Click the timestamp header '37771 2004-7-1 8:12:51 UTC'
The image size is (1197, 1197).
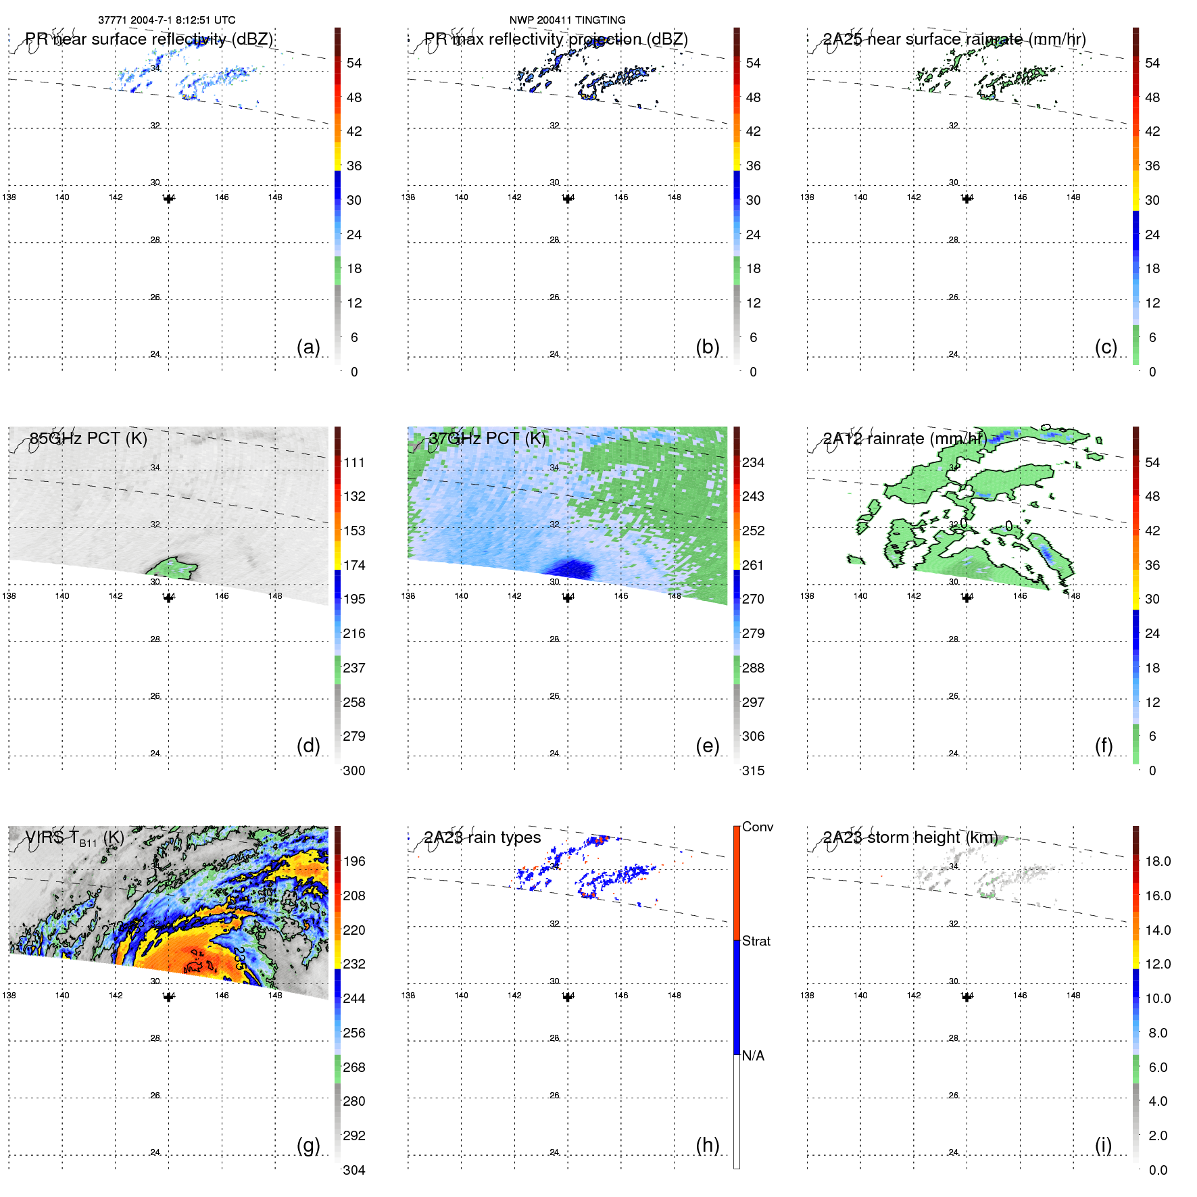166,20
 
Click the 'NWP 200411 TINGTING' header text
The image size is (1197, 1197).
567,20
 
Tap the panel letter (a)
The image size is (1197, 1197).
308,347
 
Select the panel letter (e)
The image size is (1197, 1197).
707,746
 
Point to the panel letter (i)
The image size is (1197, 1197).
1103,1145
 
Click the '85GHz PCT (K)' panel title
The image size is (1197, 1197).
89,439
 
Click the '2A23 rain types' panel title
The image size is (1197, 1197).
483,837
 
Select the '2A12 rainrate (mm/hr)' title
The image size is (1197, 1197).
904,439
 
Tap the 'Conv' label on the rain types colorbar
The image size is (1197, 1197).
757,827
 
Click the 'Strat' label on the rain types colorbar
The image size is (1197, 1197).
756,941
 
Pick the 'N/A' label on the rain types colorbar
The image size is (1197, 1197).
753,1056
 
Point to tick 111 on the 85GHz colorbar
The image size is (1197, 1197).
353,462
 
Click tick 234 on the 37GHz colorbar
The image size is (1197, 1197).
753,462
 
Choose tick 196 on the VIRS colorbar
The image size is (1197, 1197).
353,861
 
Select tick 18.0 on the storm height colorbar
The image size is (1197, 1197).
1157,861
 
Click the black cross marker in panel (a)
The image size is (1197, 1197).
168,199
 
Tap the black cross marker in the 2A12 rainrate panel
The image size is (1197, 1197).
967,597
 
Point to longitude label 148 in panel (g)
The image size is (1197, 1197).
275,995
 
